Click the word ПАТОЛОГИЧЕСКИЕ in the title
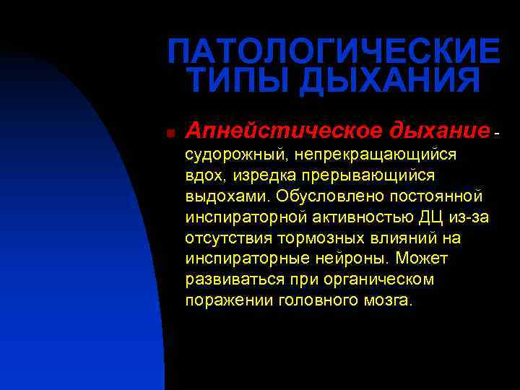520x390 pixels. point(333,51)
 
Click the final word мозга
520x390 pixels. point(389,300)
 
